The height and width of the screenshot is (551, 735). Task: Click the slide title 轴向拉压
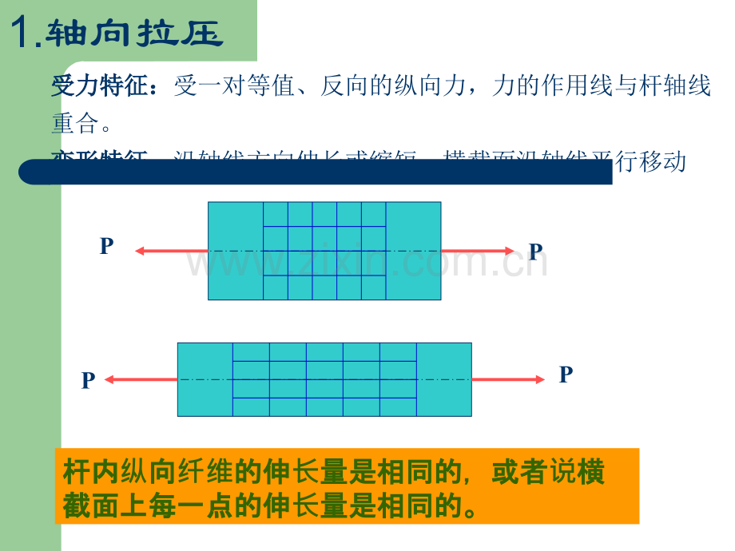[x=133, y=34]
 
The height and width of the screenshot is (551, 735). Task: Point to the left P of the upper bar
[x=106, y=247]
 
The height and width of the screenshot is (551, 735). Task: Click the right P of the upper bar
[x=535, y=252]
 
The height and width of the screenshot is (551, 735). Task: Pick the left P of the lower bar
[x=88, y=381]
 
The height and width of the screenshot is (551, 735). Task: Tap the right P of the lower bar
[x=566, y=375]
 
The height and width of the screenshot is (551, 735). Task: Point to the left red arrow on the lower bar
[x=141, y=380]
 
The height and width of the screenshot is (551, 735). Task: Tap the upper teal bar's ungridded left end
[x=236, y=251]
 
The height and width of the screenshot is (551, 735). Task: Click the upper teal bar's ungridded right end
[x=413, y=251]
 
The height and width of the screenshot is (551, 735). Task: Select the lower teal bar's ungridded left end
[x=205, y=379]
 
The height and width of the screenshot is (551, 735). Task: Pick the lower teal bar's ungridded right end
[x=443, y=379]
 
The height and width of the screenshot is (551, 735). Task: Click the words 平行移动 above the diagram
[x=648, y=162]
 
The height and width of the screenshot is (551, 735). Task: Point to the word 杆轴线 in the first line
[x=676, y=86]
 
